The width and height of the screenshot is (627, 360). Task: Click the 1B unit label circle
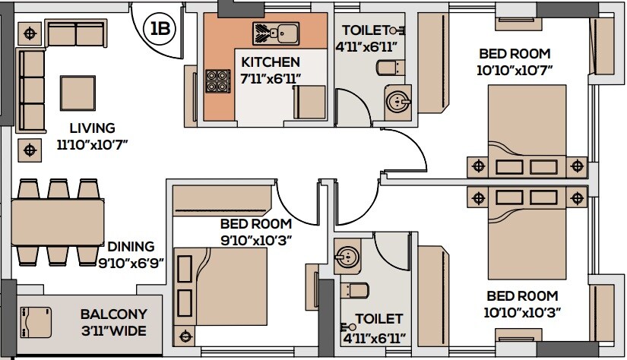[x=160, y=30]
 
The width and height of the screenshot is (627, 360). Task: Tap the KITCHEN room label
[x=271, y=62]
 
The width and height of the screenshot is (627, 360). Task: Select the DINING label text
[x=130, y=247]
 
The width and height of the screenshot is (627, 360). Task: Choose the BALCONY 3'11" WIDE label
[x=113, y=323]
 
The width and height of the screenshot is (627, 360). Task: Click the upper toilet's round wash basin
[x=396, y=101]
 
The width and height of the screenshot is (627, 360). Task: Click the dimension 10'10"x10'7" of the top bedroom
[x=515, y=70]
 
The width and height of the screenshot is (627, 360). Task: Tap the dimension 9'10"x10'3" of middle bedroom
[x=256, y=240]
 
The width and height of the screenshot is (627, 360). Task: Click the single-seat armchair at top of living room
[x=75, y=33]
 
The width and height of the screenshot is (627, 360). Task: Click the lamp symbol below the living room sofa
[x=30, y=150]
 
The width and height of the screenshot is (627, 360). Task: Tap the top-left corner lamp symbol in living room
[x=30, y=33]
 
